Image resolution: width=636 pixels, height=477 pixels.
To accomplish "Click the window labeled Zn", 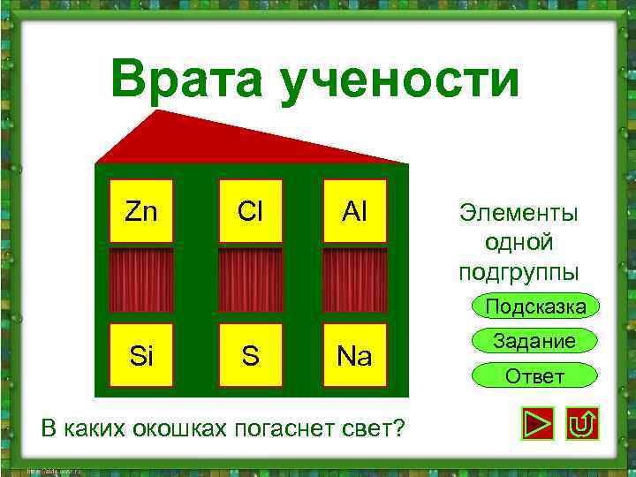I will [x=141, y=211].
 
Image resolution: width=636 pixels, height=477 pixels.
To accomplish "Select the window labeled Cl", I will [x=250, y=211].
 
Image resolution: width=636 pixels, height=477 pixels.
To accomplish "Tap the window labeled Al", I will [x=355, y=211].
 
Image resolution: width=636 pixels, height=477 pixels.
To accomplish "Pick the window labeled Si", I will [x=141, y=355].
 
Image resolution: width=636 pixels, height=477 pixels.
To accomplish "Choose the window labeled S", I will [x=250, y=355].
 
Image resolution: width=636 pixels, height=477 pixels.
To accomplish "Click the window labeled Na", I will [x=355, y=355].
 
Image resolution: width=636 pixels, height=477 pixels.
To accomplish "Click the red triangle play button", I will [x=537, y=425].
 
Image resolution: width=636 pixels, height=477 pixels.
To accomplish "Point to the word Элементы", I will [x=519, y=213].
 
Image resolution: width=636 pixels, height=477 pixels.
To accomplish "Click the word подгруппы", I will [x=519, y=270].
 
